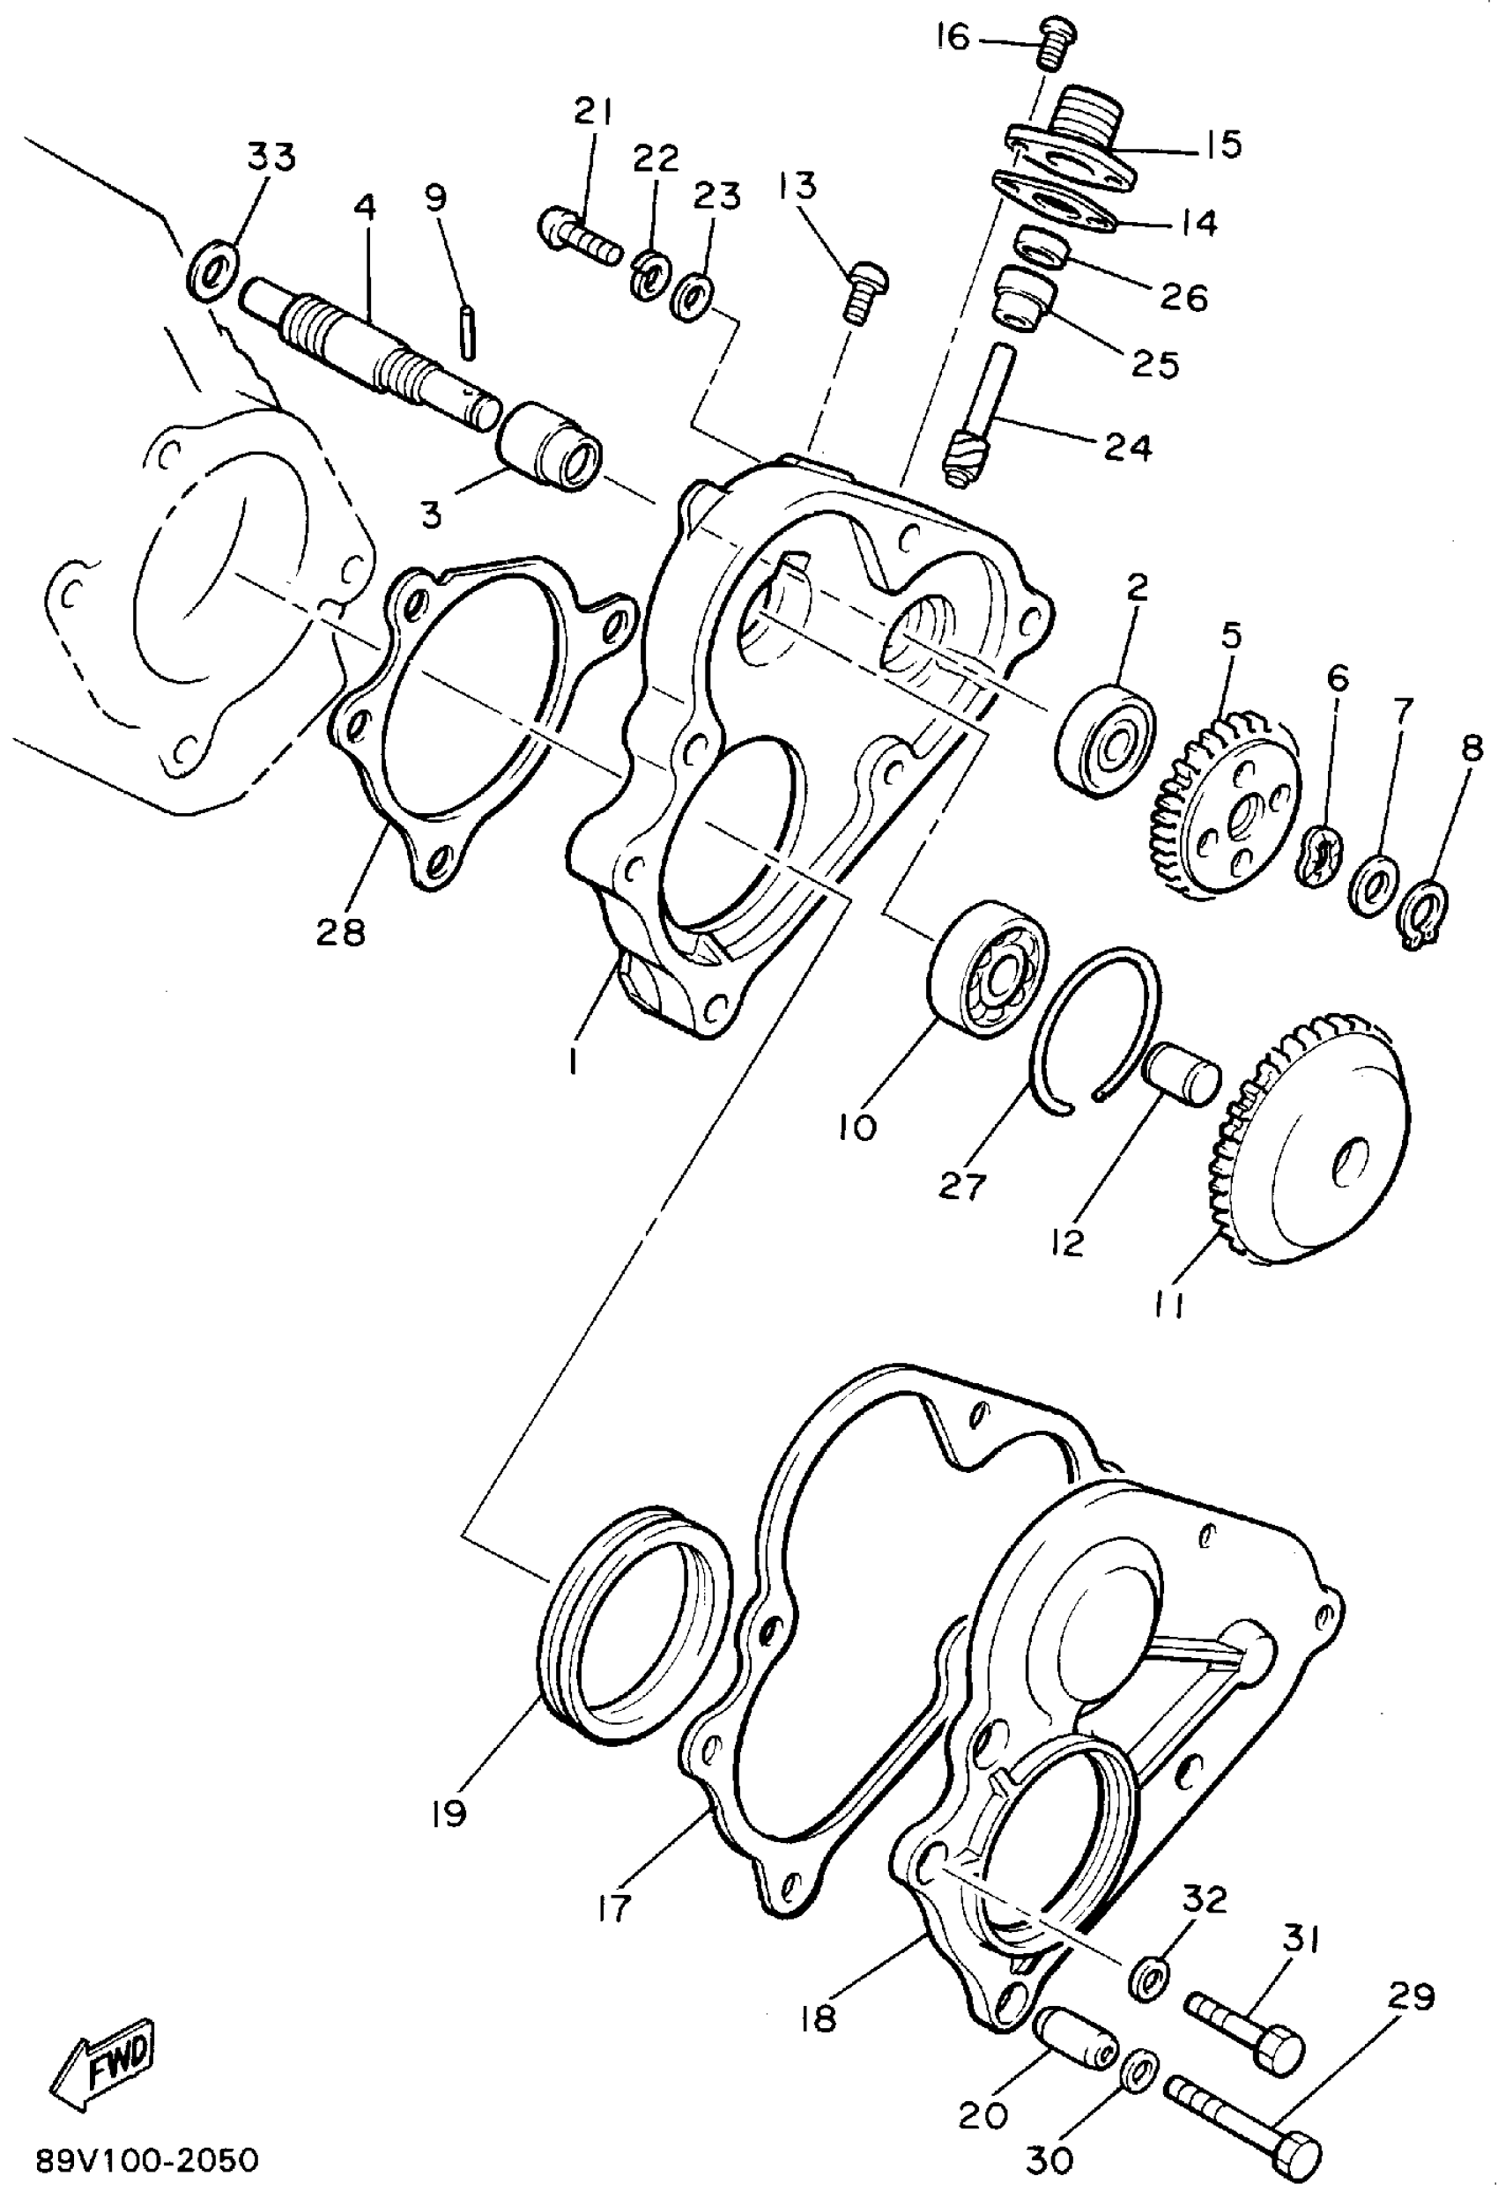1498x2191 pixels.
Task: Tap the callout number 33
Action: click(271, 157)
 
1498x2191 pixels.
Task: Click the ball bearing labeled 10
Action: click(988, 970)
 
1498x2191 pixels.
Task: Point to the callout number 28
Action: click(340, 932)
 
